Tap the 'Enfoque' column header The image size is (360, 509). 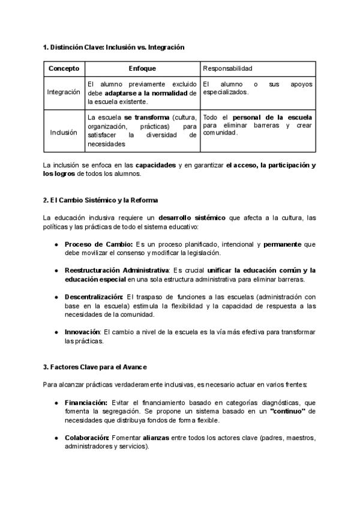point(142,69)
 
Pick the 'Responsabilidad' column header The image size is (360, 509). point(228,69)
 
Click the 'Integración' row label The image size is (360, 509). point(64,92)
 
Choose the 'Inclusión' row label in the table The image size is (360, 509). point(64,132)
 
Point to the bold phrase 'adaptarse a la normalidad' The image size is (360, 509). point(146,94)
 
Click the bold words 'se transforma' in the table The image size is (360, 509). point(146,117)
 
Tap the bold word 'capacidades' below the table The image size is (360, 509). point(155,164)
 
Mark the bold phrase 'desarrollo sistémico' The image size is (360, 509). point(192,218)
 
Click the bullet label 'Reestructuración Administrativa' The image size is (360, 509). point(117,271)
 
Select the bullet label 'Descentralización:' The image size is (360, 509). point(94,297)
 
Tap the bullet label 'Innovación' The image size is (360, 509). point(83,332)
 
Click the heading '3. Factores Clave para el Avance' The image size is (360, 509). point(95,367)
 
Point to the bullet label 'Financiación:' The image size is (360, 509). point(86,402)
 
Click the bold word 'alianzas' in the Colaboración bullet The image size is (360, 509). point(155,438)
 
